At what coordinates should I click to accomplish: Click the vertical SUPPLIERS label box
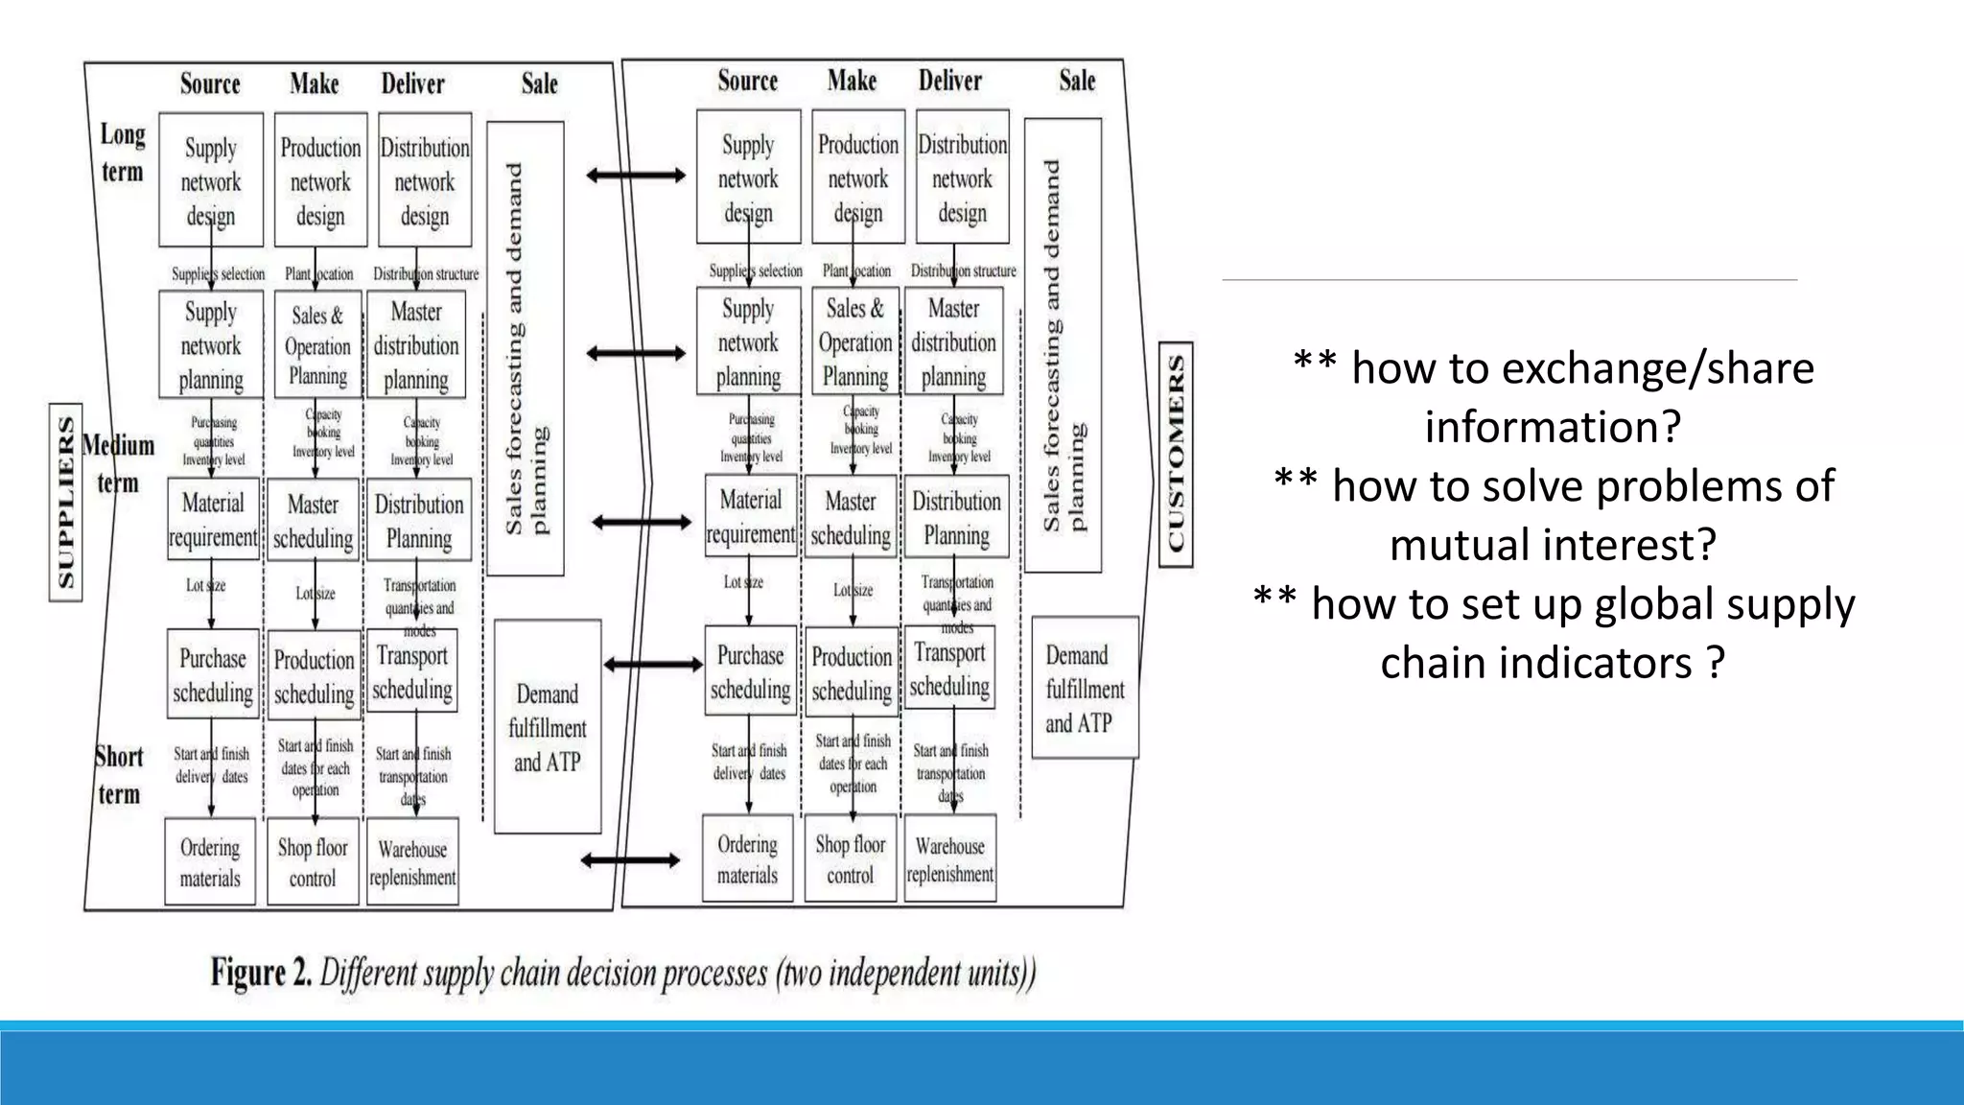coord(65,502)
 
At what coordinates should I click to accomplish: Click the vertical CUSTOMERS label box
coord(1176,454)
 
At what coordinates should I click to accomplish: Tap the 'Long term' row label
coord(123,153)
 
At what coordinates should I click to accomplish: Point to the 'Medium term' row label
coord(118,463)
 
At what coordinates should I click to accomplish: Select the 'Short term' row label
coord(119,775)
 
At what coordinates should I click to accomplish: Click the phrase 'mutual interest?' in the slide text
coord(1553,545)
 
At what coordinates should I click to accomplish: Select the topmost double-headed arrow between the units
coord(636,175)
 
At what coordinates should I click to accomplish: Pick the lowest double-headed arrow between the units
coord(631,860)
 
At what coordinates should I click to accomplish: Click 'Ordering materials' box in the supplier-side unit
coord(210,861)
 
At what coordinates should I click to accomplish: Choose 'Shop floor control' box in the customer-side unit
coord(851,858)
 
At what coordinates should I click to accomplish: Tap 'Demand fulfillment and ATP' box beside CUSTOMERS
coord(1085,688)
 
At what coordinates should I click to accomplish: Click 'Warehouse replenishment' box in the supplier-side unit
coord(412,861)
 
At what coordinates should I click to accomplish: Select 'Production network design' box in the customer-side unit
coord(857,177)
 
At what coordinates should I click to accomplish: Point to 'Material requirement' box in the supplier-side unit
coord(213,520)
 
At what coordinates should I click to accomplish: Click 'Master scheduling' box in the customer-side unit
coord(851,517)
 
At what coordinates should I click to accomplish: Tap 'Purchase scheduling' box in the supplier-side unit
coord(212,674)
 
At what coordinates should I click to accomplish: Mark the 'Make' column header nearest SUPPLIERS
coord(315,84)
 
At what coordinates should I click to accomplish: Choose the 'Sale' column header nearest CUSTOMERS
coord(1077,81)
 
